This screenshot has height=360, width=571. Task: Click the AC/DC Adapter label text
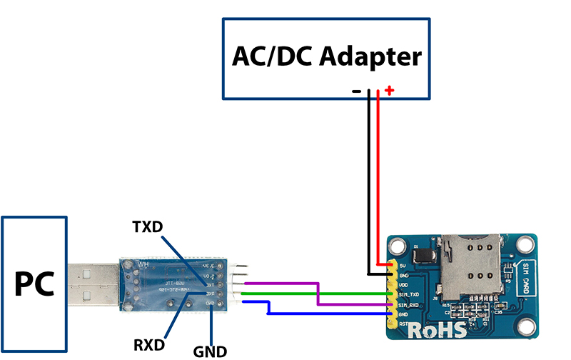click(x=327, y=58)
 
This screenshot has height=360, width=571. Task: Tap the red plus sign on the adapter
click(x=389, y=91)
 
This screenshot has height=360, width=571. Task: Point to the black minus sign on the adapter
click(x=356, y=91)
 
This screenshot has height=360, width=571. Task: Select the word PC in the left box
click(x=34, y=284)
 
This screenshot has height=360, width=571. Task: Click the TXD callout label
click(x=147, y=227)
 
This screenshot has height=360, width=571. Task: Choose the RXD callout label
click(x=149, y=345)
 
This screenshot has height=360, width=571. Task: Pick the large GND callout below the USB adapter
click(x=210, y=351)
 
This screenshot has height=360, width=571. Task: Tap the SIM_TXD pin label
click(x=408, y=294)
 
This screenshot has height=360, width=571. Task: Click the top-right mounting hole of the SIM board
click(x=526, y=244)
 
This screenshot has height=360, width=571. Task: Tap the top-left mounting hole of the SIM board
click(x=397, y=244)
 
